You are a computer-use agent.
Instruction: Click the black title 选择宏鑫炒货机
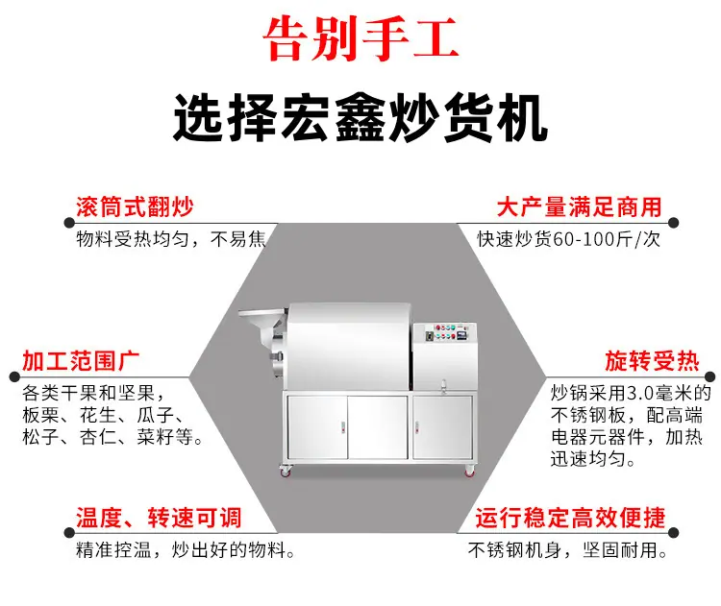(x=360, y=117)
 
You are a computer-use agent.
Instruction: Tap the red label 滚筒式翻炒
(x=135, y=206)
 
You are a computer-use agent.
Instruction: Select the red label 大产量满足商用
(x=580, y=206)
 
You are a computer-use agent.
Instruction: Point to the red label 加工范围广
(x=81, y=361)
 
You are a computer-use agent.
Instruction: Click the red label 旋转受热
(x=652, y=361)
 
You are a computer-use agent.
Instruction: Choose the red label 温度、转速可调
(x=159, y=518)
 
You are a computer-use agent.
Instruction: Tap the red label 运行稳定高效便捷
(x=571, y=518)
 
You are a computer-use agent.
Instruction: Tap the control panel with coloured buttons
(x=445, y=333)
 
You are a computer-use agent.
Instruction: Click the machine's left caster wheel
(x=286, y=471)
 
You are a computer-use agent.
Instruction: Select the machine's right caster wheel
(x=469, y=471)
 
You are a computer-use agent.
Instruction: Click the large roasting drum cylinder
(x=349, y=346)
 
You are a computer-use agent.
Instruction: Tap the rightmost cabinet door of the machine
(x=442, y=427)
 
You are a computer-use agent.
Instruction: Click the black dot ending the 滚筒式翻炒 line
(x=69, y=223)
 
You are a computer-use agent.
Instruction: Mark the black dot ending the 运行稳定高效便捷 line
(x=674, y=533)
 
